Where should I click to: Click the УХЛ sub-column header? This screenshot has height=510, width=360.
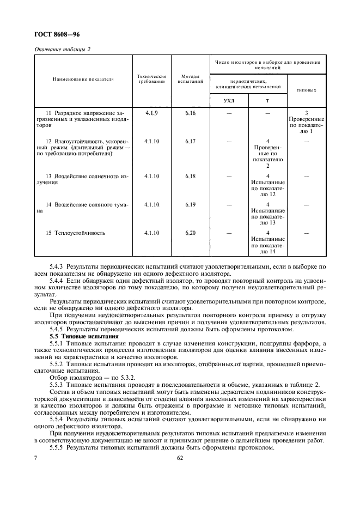pos(229,101)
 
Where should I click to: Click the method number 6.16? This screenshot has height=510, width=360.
pos(190,113)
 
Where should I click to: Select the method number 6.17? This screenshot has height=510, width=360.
pos(190,141)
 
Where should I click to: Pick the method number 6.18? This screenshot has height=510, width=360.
pos(190,176)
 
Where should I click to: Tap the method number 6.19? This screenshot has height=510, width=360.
pos(190,204)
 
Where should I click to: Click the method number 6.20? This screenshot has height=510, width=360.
pos(190,233)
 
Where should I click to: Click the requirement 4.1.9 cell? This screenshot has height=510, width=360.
pos(151,113)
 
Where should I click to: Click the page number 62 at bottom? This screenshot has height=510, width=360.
pos(180,459)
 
